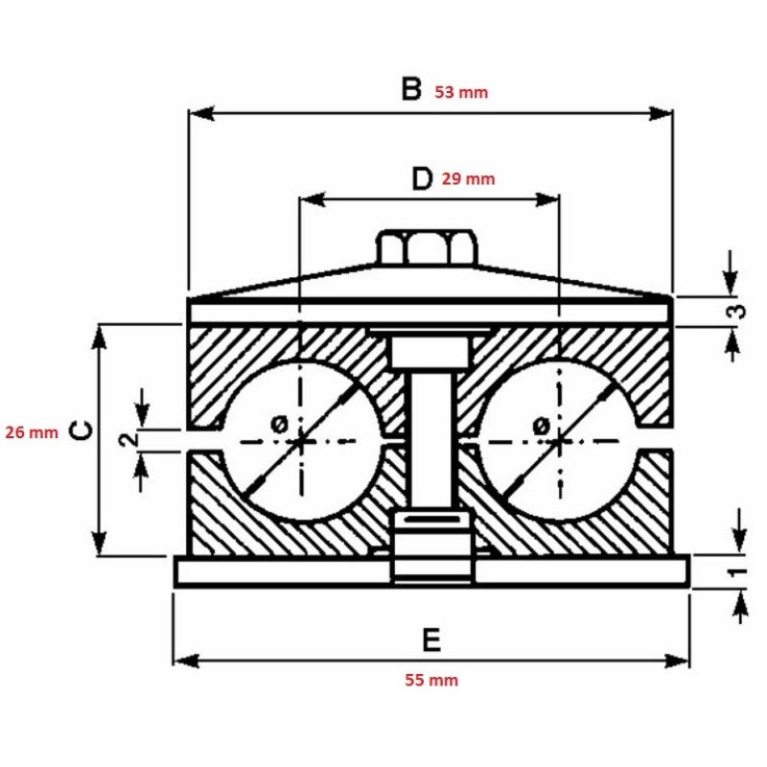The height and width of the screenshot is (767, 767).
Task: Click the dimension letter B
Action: pyautogui.click(x=410, y=90)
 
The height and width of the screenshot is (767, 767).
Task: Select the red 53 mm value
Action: pyautogui.click(x=461, y=93)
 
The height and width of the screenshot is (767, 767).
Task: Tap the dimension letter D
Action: pyautogui.click(x=421, y=178)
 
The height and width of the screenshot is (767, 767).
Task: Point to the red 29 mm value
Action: pyautogui.click(x=469, y=178)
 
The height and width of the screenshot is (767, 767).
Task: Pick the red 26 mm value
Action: pyautogui.click(x=32, y=432)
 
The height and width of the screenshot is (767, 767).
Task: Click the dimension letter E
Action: pyautogui.click(x=431, y=639)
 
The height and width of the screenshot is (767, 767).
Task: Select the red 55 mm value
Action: pyautogui.click(x=430, y=681)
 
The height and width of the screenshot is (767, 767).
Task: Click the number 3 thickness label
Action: pyautogui.click(x=735, y=311)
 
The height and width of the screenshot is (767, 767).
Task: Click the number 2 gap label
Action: pyautogui.click(x=126, y=440)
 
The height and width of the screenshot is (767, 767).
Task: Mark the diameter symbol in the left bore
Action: pyautogui.click(x=280, y=423)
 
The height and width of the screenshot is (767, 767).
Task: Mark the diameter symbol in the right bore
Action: pyautogui.click(x=540, y=423)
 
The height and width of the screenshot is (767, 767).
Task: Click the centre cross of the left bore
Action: pyautogui.click(x=301, y=441)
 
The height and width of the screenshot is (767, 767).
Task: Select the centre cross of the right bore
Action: pyautogui.click(x=558, y=441)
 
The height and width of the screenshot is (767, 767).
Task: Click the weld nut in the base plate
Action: pyautogui.click(x=432, y=549)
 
